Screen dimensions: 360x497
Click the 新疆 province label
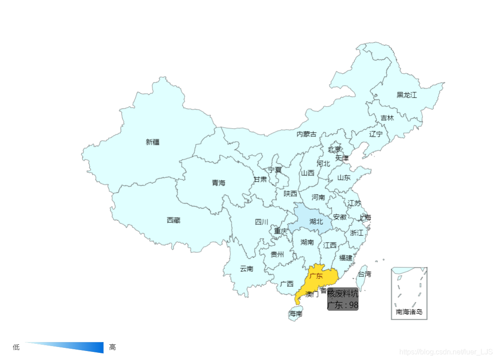click(x=153, y=142)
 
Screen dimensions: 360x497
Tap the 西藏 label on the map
click(x=173, y=220)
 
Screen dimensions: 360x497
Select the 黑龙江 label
click(x=406, y=95)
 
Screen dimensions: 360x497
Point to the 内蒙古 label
click(x=307, y=134)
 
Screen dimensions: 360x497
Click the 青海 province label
click(x=219, y=183)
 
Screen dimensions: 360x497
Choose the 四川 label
click(x=262, y=222)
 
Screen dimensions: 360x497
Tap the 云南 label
click(x=246, y=269)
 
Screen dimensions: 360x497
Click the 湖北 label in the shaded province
click(x=316, y=221)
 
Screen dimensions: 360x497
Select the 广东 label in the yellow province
click(x=316, y=276)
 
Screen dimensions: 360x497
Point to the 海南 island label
click(x=296, y=314)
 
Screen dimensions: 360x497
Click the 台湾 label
click(x=364, y=274)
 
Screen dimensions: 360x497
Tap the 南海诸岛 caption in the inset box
click(x=409, y=312)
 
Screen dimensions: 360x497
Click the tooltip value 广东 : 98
click(x=343, y=305)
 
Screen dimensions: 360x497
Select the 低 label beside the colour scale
click(x=16, y=347)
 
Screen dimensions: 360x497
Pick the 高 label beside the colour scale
click(x=112, y=347)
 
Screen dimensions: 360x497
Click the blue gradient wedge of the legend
click(x=81, y=347)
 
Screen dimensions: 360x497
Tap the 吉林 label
click(x=387, y=118)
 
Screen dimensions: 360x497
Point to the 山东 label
click(x=344, y=178)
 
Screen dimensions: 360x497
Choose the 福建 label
click(x=346, y=258)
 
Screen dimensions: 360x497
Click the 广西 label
click(x=287, y=284)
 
